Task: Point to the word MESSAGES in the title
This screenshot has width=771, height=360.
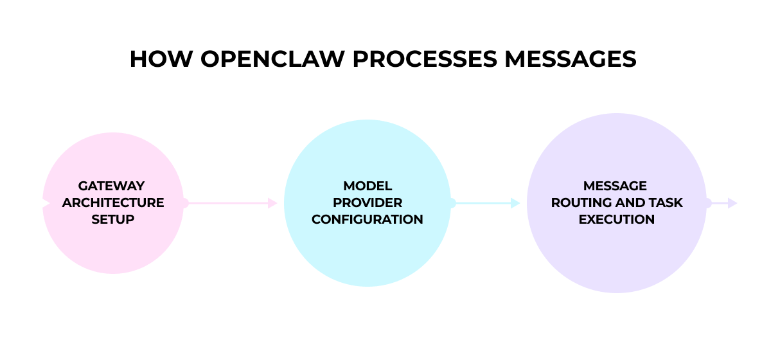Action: point(570,59)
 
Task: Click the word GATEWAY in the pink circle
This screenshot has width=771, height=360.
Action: point(112,186)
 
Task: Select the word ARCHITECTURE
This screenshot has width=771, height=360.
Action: point(113,203)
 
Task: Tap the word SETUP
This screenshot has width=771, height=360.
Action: point(112,219)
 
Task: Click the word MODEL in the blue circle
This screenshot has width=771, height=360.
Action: point(368,186)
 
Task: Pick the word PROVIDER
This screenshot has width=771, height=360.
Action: point(368,203)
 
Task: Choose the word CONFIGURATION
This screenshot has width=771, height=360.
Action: point(368,219)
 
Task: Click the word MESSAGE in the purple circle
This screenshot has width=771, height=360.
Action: point(616,186)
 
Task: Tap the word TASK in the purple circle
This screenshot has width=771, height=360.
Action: point(666,203)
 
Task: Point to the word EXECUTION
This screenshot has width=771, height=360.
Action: point(617,219)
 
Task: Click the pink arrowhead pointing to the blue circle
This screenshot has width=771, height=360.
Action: point(272,203)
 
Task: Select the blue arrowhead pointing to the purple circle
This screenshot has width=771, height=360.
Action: point(515,203)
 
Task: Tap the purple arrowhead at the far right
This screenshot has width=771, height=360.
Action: point(733,203)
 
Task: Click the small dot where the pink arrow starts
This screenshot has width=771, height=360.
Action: point(184,203)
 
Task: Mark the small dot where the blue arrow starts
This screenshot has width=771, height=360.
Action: point(452,203)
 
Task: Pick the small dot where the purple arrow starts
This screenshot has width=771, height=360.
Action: point(707,203)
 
